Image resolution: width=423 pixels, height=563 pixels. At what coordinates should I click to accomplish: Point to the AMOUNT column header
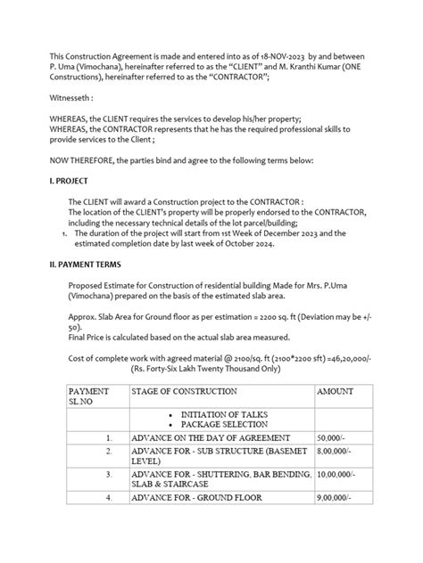pyautogui.click(x=335, y=391)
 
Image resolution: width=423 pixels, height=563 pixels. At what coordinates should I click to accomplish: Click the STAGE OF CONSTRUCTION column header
pyautogui.click(x=184, y=391)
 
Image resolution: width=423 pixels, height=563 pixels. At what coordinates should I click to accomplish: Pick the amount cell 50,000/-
pyautogui.click(x=332, y=439)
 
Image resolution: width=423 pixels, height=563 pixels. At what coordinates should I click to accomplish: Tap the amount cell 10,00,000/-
pyautogui.click(x=337, y=477)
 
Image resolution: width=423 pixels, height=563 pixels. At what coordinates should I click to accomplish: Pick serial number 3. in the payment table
pyautogui.click(x=107, y=477)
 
